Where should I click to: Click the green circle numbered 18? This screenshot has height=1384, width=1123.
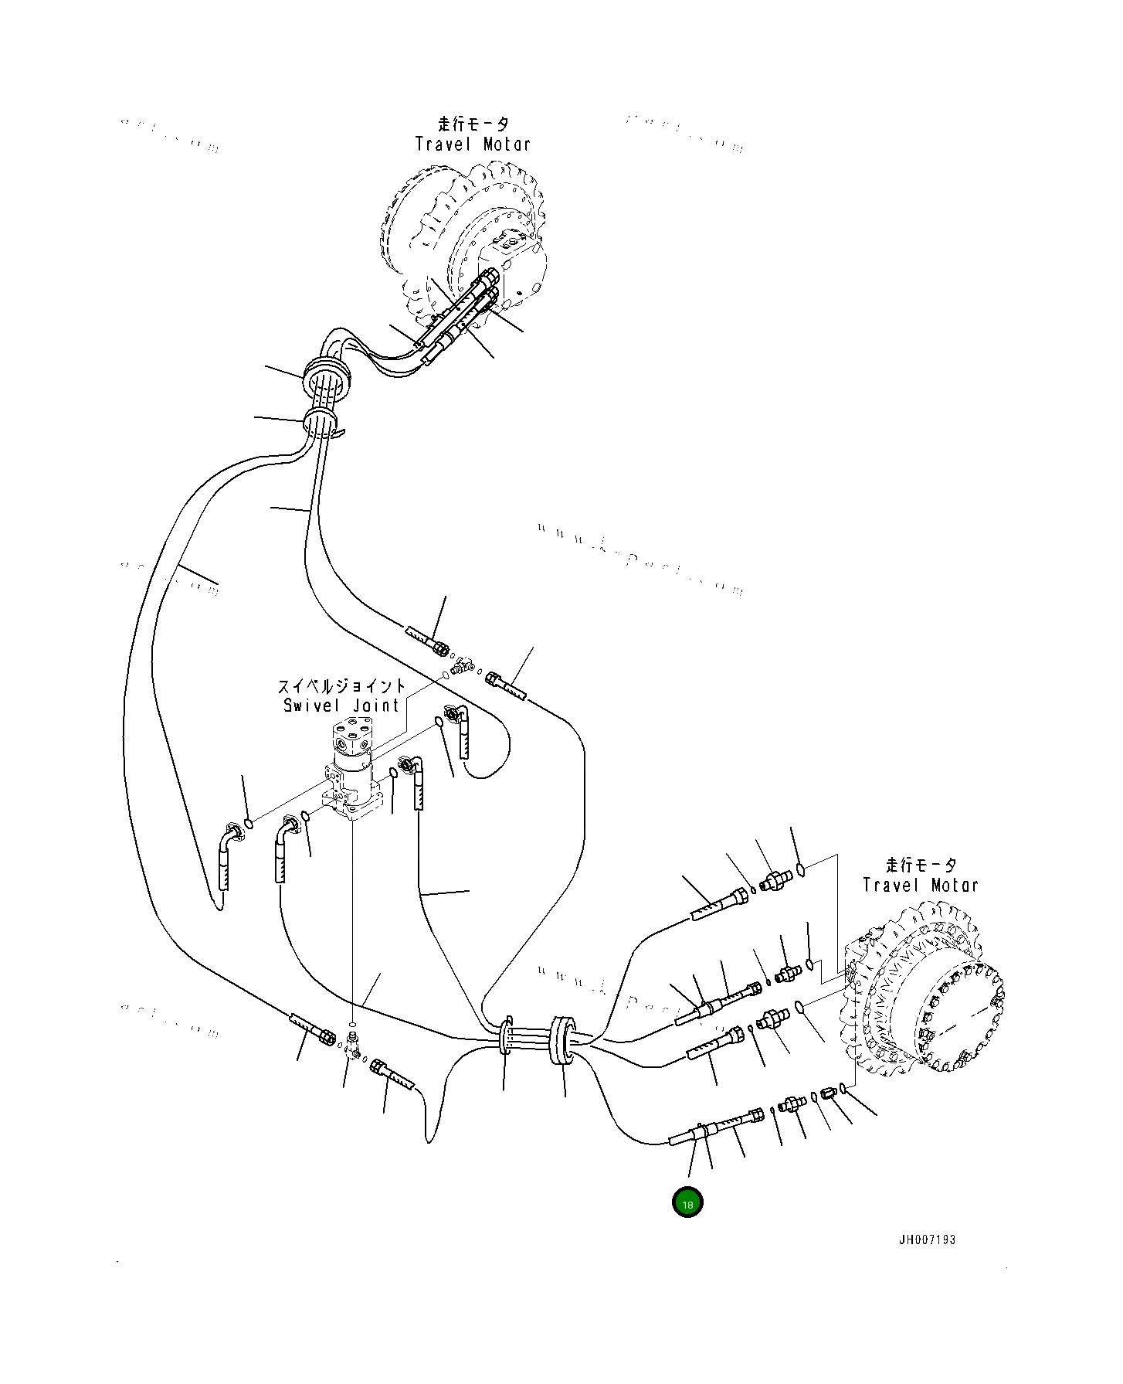[x=687, y=1202]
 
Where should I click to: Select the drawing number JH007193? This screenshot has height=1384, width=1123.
[x=927, y=1239]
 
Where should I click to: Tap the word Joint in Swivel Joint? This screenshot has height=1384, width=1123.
[x=376, y=706]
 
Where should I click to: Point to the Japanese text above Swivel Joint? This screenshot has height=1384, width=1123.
[x=341, y=686]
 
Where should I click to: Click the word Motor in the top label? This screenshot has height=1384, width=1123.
[x=507, y=144]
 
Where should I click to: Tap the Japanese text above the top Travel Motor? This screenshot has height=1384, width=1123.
[x=473, y=124]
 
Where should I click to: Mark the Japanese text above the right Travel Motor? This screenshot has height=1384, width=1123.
[x=921, y=865]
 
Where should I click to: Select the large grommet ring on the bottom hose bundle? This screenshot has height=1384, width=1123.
[x=561, y=1040]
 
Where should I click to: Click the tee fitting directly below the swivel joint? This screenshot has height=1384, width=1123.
[x=354, y=1045]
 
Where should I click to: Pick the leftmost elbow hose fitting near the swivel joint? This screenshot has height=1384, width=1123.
[x=228, y=838]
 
